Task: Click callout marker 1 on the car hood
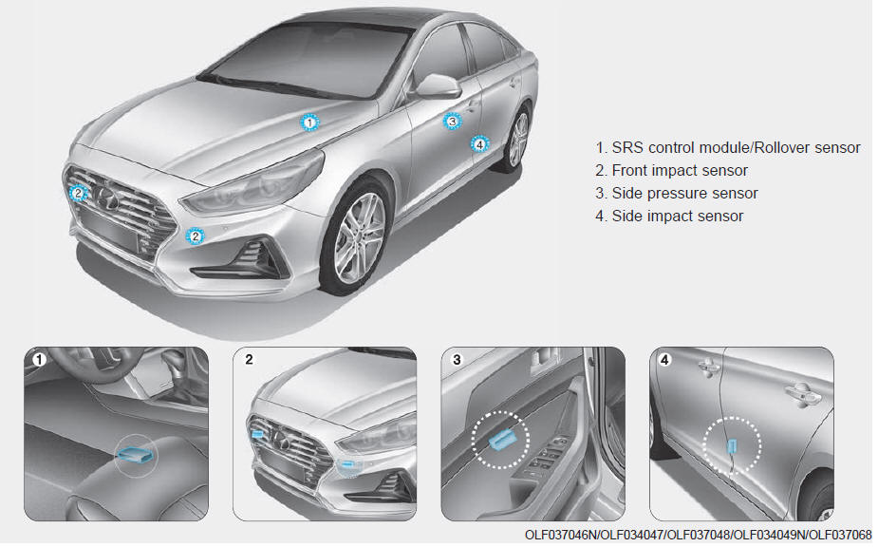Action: tap(309, 123)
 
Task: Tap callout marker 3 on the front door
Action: tap(453, 121)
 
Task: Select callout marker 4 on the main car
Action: tap(478, 144)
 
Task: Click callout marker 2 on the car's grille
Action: tap(78, 194)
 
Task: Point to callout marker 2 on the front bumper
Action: tap(195, 236)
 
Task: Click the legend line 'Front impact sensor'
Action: tap(671, 170)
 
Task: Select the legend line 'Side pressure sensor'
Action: tap(677, 194)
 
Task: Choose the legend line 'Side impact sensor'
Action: tap(669, 216)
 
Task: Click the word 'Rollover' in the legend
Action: tap(780, 147)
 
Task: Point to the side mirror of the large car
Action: tap(438, 85)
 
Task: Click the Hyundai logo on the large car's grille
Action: tap(105, 198)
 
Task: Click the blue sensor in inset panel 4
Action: tap(731, 446)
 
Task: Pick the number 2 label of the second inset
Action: tap(250, 359)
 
